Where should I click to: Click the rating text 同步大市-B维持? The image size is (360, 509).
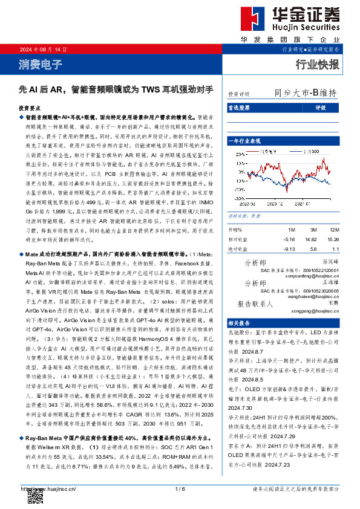pos(306,93)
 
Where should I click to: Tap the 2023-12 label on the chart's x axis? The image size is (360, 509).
pos(277,204)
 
